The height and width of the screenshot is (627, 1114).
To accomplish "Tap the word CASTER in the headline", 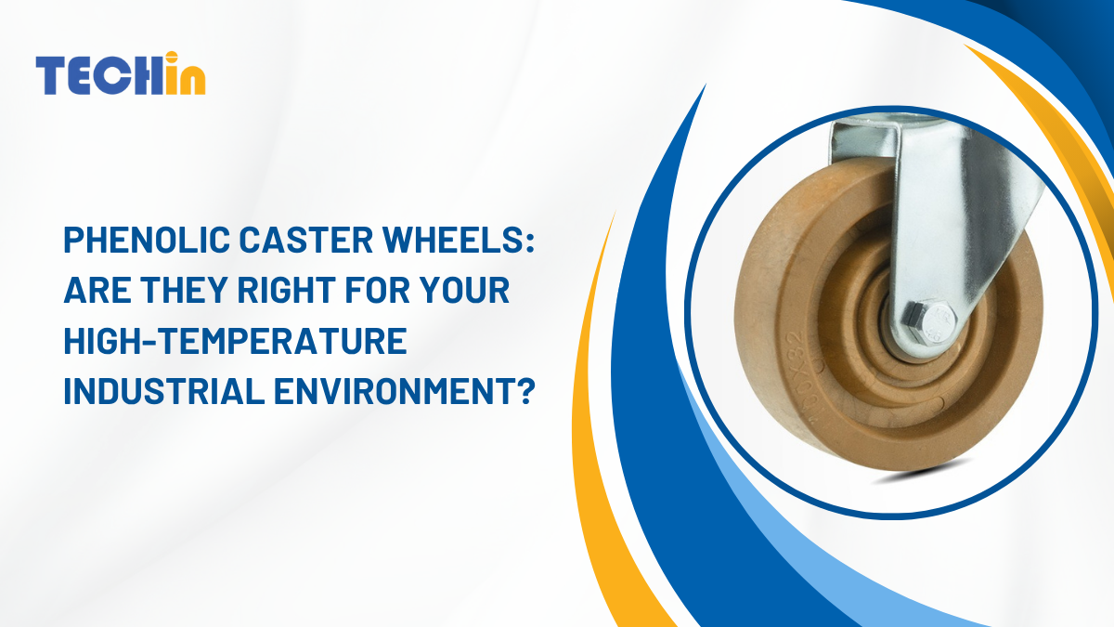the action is [x=305, y=240].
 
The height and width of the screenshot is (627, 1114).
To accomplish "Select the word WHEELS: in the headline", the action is [x=458, y=240].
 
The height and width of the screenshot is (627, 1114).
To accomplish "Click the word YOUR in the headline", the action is [x=465, y=290].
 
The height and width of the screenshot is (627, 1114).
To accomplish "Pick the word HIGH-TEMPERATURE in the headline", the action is [x=236, y=341].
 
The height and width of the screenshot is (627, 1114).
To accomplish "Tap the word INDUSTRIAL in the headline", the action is [x=164, y=391].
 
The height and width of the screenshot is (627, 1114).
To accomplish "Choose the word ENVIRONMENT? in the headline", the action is [x=405, y=391].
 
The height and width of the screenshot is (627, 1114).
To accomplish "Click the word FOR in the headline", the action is [x=378, y=290].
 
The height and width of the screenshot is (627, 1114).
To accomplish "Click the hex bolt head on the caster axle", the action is [x=936, y=323].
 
